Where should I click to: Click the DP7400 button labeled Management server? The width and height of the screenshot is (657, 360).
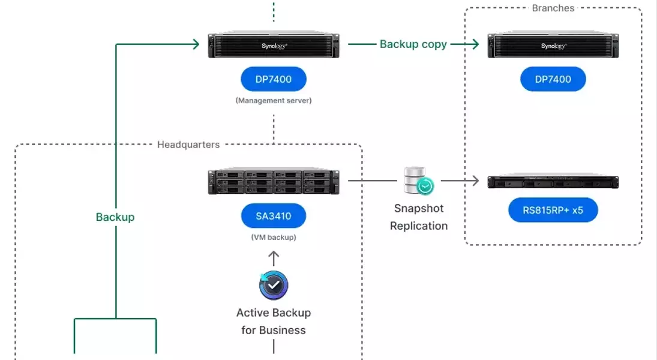point(274,79)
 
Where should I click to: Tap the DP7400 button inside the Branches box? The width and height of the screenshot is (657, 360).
point(553,79)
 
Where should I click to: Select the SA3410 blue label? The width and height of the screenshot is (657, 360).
point(274,216)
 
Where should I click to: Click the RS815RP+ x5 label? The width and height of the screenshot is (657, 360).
point(553,211)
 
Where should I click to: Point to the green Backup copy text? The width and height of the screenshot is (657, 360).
point(413,44)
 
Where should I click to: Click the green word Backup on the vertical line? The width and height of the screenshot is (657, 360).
point(115,217)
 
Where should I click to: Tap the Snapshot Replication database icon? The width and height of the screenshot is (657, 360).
point(419,181)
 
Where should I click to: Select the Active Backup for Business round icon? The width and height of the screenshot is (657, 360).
point(274,286)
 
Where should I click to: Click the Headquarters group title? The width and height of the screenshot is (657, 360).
point(188,145)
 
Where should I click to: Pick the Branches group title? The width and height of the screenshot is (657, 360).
point(553,8)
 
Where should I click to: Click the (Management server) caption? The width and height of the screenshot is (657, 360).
point(274,101)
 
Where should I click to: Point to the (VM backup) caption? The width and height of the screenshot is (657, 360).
point(274,238)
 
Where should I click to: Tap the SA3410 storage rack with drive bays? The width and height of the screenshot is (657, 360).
point(274,182)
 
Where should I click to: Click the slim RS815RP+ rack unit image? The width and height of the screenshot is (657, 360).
point(553,181)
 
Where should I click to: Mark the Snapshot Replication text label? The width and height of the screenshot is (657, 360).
point(419,217)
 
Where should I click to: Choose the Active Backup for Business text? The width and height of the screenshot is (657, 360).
point(274,322)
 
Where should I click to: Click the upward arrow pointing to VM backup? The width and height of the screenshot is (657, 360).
point(274,258)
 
